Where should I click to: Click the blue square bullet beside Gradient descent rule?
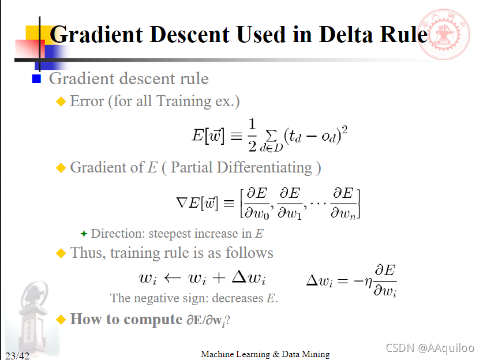click(x=37, y=79)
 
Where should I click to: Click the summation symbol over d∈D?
click(x=270, y=133)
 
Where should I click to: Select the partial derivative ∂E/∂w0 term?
click(x=256, y=203)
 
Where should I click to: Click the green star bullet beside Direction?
click(x=84, y=234)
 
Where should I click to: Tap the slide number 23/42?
click(x=17, y=355)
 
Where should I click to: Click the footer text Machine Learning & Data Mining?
click(x=265, y=354)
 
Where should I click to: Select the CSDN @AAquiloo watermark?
click(x=430, y=348)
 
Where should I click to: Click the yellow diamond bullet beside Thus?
click(x=61, y=253)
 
